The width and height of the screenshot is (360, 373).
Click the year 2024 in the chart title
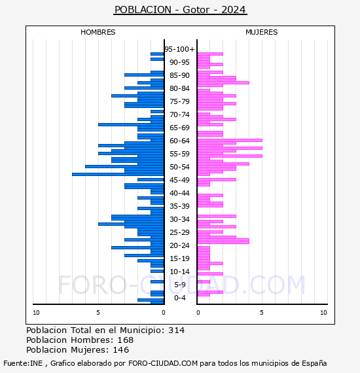233,10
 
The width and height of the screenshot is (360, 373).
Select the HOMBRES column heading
98,32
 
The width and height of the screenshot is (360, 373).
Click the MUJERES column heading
262,32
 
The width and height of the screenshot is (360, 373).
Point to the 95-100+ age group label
179,49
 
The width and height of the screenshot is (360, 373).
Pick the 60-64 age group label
179,141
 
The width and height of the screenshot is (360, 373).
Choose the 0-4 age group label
179,298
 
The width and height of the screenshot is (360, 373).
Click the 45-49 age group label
179,180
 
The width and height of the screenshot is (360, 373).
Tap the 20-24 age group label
179,245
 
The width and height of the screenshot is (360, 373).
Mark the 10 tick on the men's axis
36,313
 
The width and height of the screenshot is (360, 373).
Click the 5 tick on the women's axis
262,313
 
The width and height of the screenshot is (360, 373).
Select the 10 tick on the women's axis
323,313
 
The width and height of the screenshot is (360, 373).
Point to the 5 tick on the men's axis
98,313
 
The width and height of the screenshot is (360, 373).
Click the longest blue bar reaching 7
118,174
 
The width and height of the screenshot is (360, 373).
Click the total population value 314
176,330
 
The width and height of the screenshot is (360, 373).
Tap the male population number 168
126,340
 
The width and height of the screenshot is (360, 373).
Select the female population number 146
121,350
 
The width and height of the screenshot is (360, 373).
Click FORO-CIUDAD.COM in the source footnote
163,363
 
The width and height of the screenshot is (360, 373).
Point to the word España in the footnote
314,363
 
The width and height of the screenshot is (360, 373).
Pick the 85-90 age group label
179,75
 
